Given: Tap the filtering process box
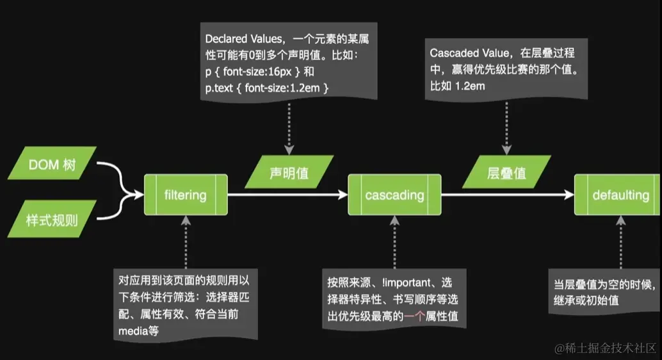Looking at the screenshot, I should (x=186, y=194).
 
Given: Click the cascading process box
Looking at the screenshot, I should (x=394, y=194).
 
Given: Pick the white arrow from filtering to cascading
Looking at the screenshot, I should (x=287, y=194).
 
